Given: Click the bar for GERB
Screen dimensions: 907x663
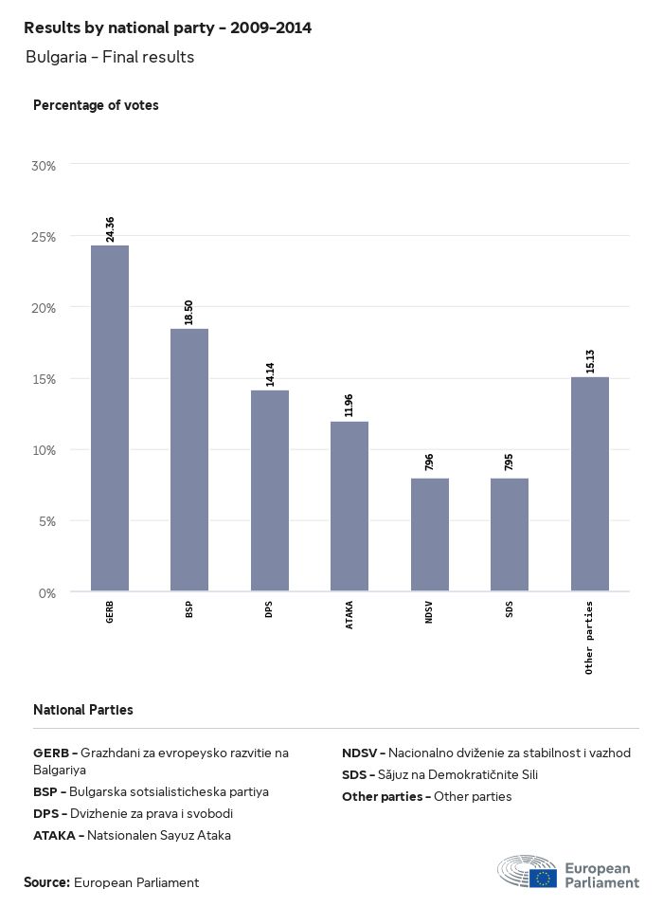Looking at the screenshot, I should pyautogui.click(x=110, y=418).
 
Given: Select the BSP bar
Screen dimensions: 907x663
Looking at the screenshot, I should pyautogui.click(x=189, y=460).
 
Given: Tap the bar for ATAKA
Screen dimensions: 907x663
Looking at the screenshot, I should pyautogui.click(x=349, y=506).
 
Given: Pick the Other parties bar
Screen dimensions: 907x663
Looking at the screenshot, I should pyautogui.click(x=589, y=484).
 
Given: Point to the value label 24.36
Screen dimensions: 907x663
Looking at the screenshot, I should pyautogui.click(x=110, y=229).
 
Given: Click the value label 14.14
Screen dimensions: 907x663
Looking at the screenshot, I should pyautogui.click(x=270, y=374).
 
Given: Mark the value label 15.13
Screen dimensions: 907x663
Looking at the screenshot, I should pyautogui.click(x=589, y=361).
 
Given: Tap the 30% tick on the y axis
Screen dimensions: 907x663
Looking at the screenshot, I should pyautogui.click(x=45, y=166).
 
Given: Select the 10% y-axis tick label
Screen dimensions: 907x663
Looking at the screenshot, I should pyautogui.click(x=45, y=450).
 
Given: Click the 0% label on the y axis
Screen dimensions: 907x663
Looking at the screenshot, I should pyautogui.click(x=47, y=593).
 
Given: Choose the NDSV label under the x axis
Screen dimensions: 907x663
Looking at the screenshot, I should pyautogui.click(x=429, y=610).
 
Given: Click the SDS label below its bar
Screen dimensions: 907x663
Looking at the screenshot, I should pyautogui.click(x=510, y=608).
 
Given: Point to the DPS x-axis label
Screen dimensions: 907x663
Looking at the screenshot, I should pyautogui.click(x=270, y=608).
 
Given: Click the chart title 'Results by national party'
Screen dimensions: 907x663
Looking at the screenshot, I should pyautogui.click(x=168, y=28).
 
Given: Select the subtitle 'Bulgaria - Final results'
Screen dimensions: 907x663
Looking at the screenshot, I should pyautogui.click(x=110, y=57).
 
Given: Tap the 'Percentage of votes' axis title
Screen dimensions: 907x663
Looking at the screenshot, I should pyautogui.click(x=96, y=105).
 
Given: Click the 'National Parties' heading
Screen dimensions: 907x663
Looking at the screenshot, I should pyautogui.click(x=83, y=710).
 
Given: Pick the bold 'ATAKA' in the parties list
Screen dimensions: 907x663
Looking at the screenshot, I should pyautogui.click(x=56, y=835).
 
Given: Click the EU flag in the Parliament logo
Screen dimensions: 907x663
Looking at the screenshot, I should pyautogui.click(x=544, y=877).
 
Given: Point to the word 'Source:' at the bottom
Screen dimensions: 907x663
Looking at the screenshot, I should pyautogui.click(x=46, y=882).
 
